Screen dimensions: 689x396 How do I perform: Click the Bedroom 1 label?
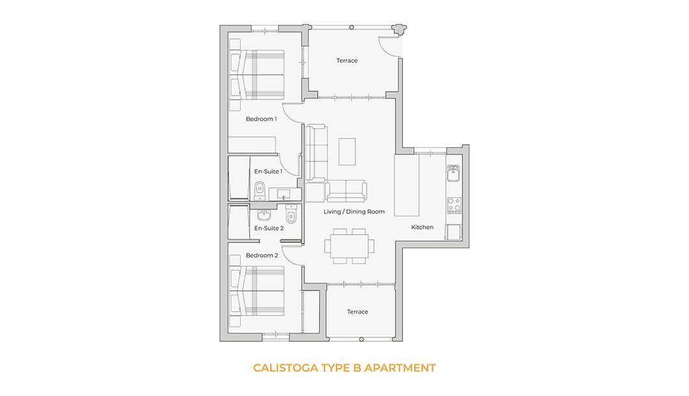coord(261,119)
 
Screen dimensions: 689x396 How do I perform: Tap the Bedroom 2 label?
coord(262,256)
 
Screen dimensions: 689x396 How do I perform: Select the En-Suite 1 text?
coord(268,172)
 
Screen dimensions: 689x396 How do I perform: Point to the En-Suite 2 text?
coord(269,228)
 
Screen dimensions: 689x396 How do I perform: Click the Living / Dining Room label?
coord(354,212)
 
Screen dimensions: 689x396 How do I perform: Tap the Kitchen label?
coord(422,228)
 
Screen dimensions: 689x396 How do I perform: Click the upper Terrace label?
coord(347,61)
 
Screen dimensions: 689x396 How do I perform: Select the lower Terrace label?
coord(358,312)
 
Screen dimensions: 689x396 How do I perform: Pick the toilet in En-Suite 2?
coord(291,214)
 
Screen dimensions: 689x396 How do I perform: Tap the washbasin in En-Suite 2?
coord(263,216)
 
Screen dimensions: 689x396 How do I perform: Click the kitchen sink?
coord(453,173)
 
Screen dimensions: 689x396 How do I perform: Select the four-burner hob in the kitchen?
coord(454,205)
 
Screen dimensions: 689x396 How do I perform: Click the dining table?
coord(346,246)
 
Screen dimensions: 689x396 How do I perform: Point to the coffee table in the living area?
coord(347,152)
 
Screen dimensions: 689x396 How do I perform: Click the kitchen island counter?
coord(406,186)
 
